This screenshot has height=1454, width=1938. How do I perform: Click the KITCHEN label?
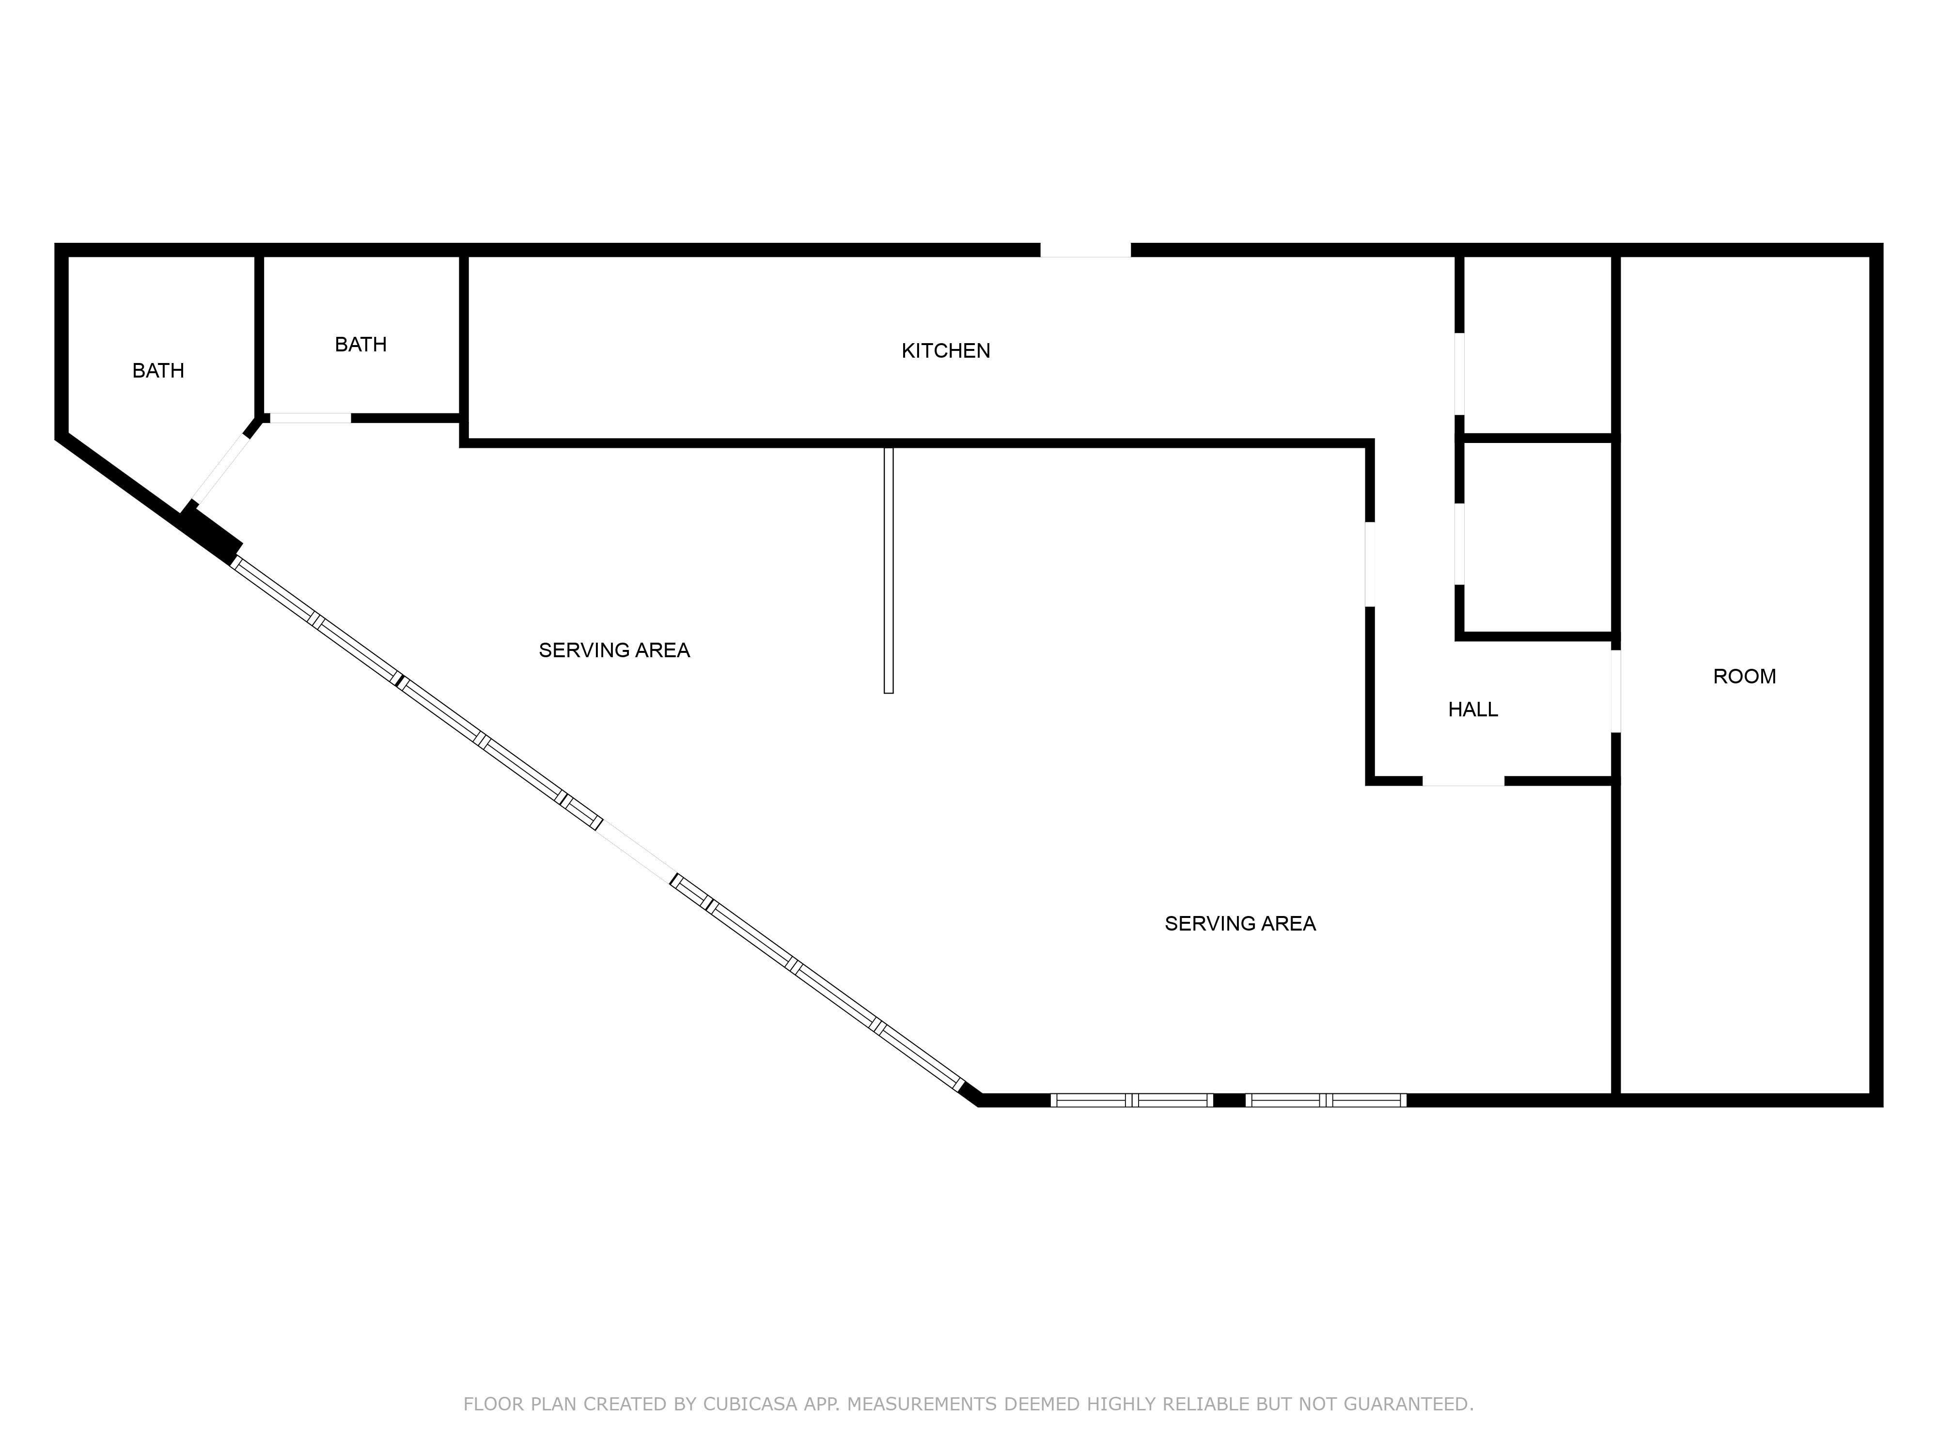tap(945, 350)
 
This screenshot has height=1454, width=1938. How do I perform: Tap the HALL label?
tap(1473, 709)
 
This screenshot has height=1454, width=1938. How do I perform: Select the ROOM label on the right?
tap(1744, 676)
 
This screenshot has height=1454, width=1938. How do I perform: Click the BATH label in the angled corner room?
tap(157, 371)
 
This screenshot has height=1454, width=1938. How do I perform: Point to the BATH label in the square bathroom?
tap(360, 345)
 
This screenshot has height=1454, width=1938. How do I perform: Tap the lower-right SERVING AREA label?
tap(1240, 923)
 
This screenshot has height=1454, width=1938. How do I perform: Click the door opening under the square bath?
tap(310, 418)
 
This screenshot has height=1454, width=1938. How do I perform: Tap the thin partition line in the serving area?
tap(889, 569)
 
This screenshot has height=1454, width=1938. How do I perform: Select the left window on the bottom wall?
tap(1131, 1100)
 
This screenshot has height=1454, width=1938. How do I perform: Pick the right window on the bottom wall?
tap(1326, 1100)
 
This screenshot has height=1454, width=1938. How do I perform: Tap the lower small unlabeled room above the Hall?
tap(1537, 537)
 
